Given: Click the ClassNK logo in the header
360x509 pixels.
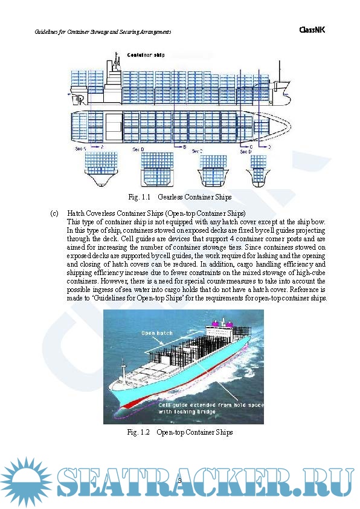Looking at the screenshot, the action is click(x=312, y=30).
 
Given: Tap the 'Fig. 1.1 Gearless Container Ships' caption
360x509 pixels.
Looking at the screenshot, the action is click(x=180, y=197).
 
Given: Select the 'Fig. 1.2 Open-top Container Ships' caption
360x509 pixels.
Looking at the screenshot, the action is click(x=180, y=432).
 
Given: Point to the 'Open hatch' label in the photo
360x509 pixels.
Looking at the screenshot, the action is click(x=156, y=332).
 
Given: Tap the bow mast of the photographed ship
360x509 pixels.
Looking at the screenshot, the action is click(x=124, y=368).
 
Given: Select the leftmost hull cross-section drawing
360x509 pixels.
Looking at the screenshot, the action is click(x=100, y=170).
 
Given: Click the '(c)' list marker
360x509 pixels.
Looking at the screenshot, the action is click(x=54, y=213).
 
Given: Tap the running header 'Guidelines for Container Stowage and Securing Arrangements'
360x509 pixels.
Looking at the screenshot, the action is click(x=103, y=31).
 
